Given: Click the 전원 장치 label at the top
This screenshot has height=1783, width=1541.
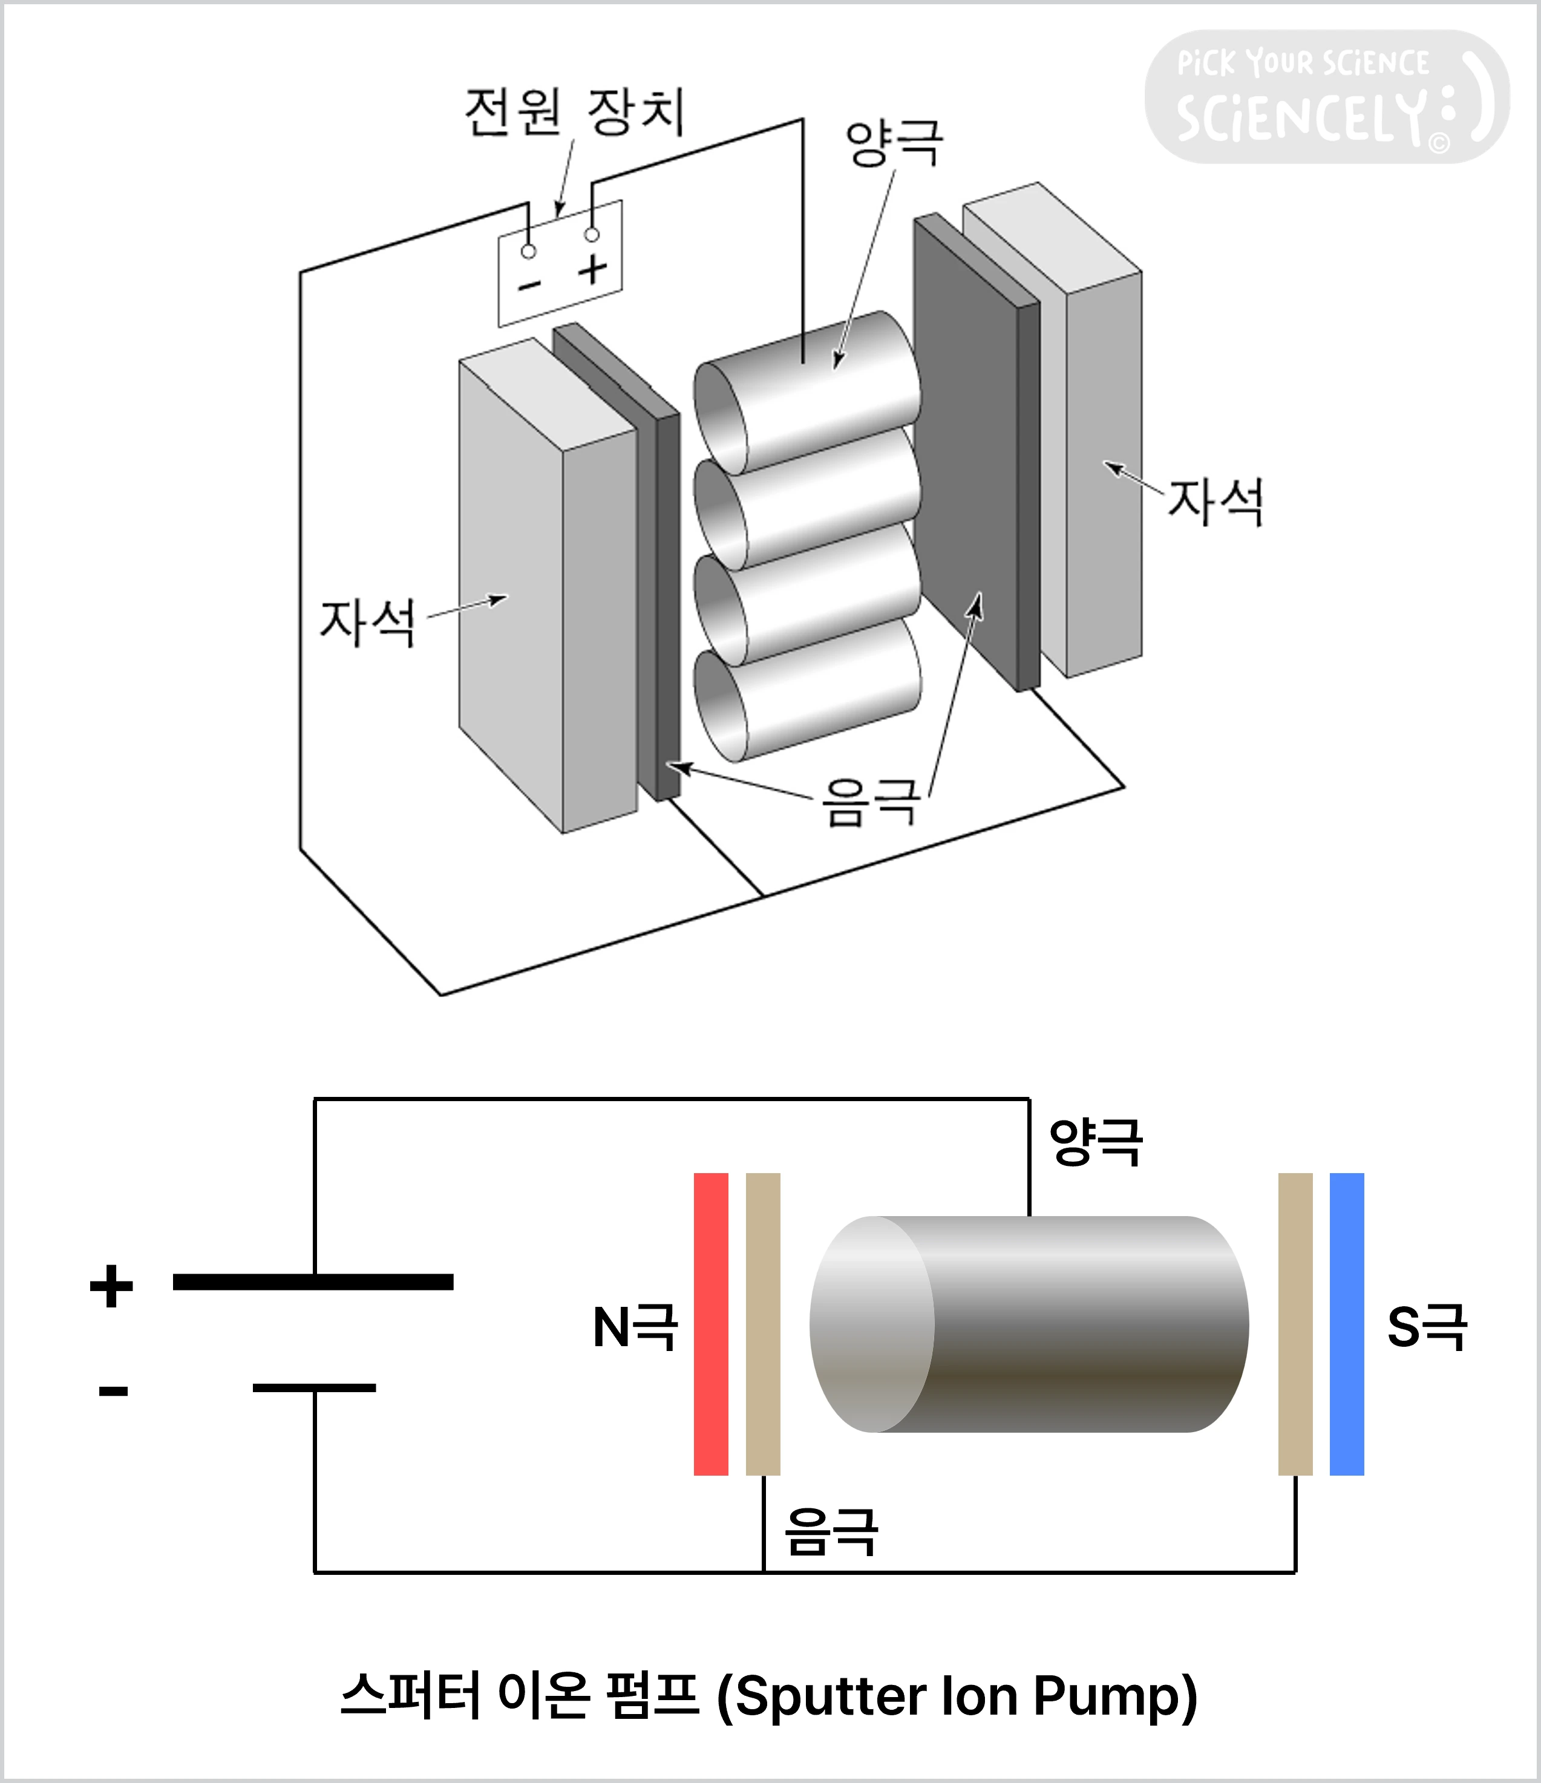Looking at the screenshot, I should tap(575, 112).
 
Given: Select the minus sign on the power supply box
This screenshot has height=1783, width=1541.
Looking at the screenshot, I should tap(529, 284).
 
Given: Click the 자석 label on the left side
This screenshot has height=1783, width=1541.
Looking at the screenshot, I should tap(367, 622).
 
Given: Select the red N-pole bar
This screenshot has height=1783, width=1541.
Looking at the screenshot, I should tap(711, 1323).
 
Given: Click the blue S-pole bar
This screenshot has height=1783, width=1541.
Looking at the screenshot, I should tap(1347, 1323).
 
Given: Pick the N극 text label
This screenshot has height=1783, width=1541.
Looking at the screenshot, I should tap(635, 1327).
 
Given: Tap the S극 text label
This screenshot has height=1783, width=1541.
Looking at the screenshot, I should tap(1427, 1327).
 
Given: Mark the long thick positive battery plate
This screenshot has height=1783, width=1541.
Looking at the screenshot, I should tap(313, 1282).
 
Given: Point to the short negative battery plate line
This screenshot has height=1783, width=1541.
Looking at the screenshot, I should tap(314, 1388).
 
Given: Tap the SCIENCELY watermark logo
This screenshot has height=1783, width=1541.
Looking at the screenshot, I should tap(1325, 97).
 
